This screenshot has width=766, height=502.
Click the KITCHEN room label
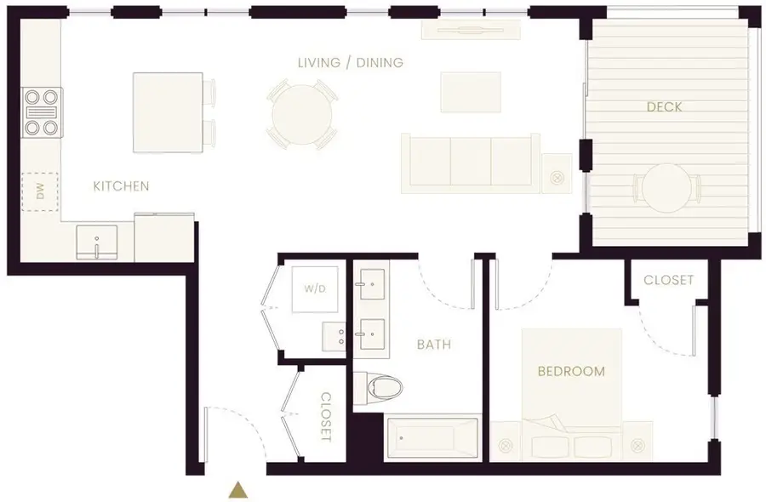pyautogui.click(x=121, y=185)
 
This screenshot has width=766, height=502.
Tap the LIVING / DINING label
pyautogui.click(x=350, y=63)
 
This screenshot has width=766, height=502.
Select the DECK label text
pyautogui.click(x=664, y=107)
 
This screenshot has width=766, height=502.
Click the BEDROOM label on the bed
pyautogui.click(x=571, y=371)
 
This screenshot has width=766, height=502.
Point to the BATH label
pyautogui.click(x=433, y=345)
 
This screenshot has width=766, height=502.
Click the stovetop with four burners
pyautogui.click(x=42, y=112)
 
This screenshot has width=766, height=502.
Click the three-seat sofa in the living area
pyautogui.click(x=471, y=161)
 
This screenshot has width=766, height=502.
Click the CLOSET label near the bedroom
pyautogui.click(x=668, y=280)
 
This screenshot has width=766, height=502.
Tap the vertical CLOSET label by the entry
pyautogui.click(x=326, y=416)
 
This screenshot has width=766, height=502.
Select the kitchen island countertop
pyautogui.click(x=168, y=111)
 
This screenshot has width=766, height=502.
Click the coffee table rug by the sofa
pyautogui.click(x=471, y=91)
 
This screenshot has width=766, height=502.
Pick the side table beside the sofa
pyautogui.click(x=557, y=174)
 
